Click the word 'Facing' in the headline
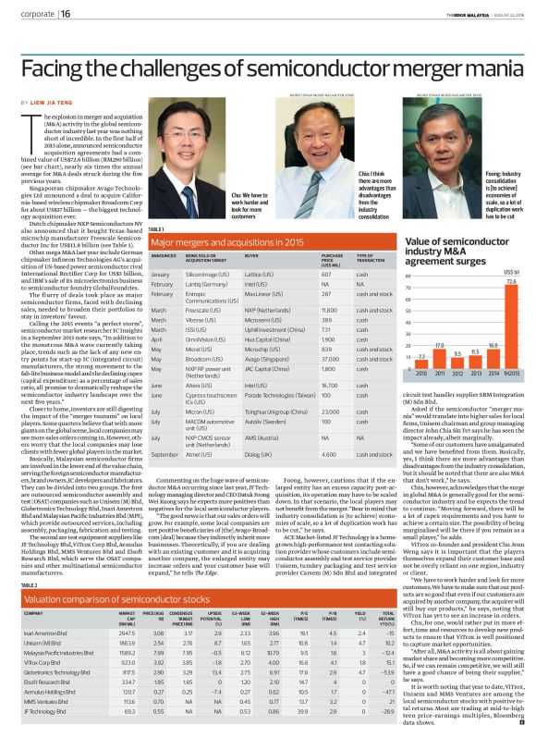(51, 67)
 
